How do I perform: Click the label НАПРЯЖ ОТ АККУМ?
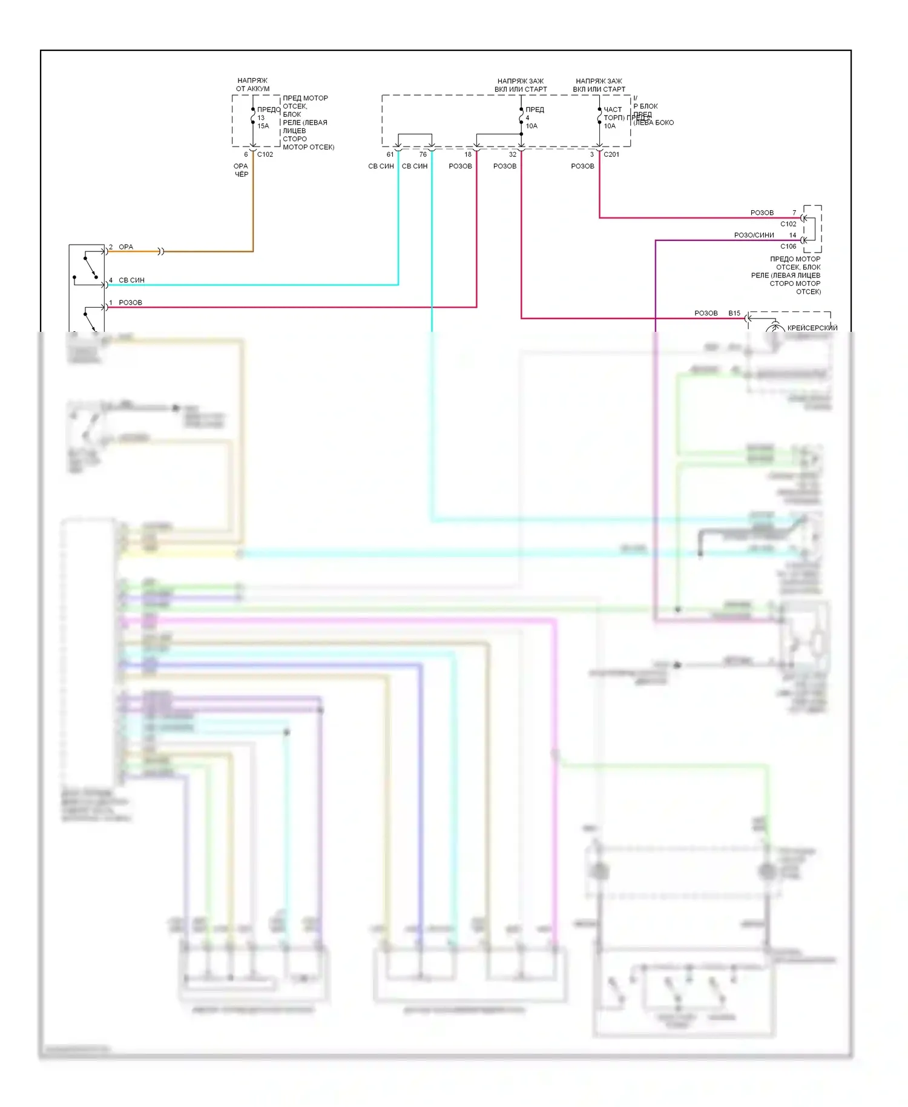coord(252,85)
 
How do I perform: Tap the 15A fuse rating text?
coord(263,126)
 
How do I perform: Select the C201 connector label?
coord(611,154)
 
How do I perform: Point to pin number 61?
coord(390,154)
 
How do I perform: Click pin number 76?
coord(423,154)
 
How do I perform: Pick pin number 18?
coord(468,154)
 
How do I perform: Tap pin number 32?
coord(513,154)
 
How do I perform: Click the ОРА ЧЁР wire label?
coord(241,170)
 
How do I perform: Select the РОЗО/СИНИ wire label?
coord(754,235)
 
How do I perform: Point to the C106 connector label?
coord(788,246)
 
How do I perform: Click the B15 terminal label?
coord(734,313)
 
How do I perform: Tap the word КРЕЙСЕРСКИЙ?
coord(812,328)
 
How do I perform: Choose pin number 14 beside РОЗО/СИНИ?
coord(792,235)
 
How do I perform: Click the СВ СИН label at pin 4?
coord(131,280)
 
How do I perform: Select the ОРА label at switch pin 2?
coord(126,247)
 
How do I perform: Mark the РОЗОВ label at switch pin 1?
coord(130,303)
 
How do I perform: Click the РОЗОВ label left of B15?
coord(706,313)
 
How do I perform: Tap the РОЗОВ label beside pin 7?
coord(762,213)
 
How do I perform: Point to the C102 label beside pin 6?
coord(265,154)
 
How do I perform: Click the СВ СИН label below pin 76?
coord(415,166)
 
